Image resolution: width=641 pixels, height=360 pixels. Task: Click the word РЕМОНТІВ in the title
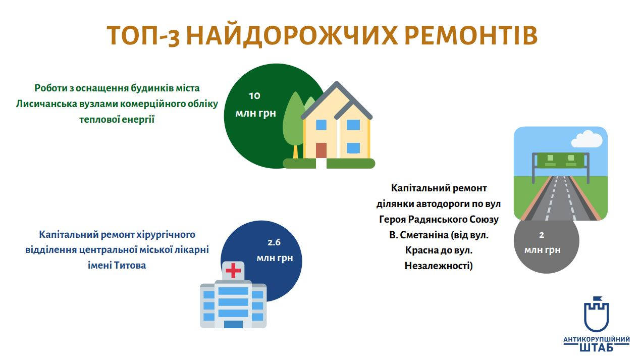[471, 36]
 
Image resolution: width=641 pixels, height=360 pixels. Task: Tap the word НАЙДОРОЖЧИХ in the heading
[292, 36]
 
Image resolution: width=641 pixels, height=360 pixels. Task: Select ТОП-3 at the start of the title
[143, 36]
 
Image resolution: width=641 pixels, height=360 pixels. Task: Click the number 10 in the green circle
[254, 95]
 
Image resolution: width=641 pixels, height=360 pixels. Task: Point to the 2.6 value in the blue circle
[274, 242]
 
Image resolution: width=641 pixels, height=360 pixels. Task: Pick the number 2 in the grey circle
[542, 235]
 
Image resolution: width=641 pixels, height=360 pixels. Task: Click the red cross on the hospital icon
[233, 271]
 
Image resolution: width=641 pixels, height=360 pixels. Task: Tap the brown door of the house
[321, 150]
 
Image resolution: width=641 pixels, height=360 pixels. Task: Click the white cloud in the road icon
[587, 139]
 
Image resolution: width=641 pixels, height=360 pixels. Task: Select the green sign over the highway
[561, 161]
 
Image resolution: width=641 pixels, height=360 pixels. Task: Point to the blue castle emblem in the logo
[597, 314]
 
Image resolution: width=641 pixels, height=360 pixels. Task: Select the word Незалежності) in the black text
[439, 266]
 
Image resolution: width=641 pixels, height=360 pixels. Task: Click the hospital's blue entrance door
[233, 324]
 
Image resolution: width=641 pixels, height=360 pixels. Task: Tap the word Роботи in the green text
[50, 88]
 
